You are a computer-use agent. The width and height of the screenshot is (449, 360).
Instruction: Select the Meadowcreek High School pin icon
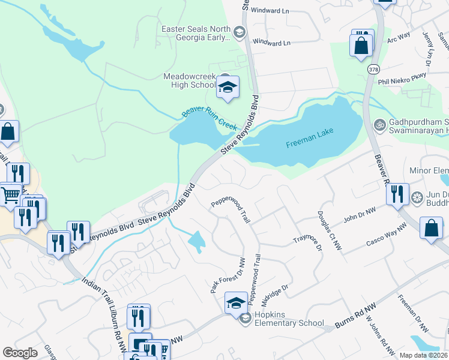pos(228,88)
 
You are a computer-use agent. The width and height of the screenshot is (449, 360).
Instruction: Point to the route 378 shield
pos(373,70)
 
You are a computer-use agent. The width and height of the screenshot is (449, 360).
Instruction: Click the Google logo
pos(20,353)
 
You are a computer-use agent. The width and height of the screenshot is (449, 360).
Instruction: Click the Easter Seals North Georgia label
pos(196,33)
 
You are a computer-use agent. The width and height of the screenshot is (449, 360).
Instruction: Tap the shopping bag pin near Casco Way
pos(431,229)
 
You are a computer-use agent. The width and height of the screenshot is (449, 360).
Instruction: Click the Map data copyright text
pos(423,355)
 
